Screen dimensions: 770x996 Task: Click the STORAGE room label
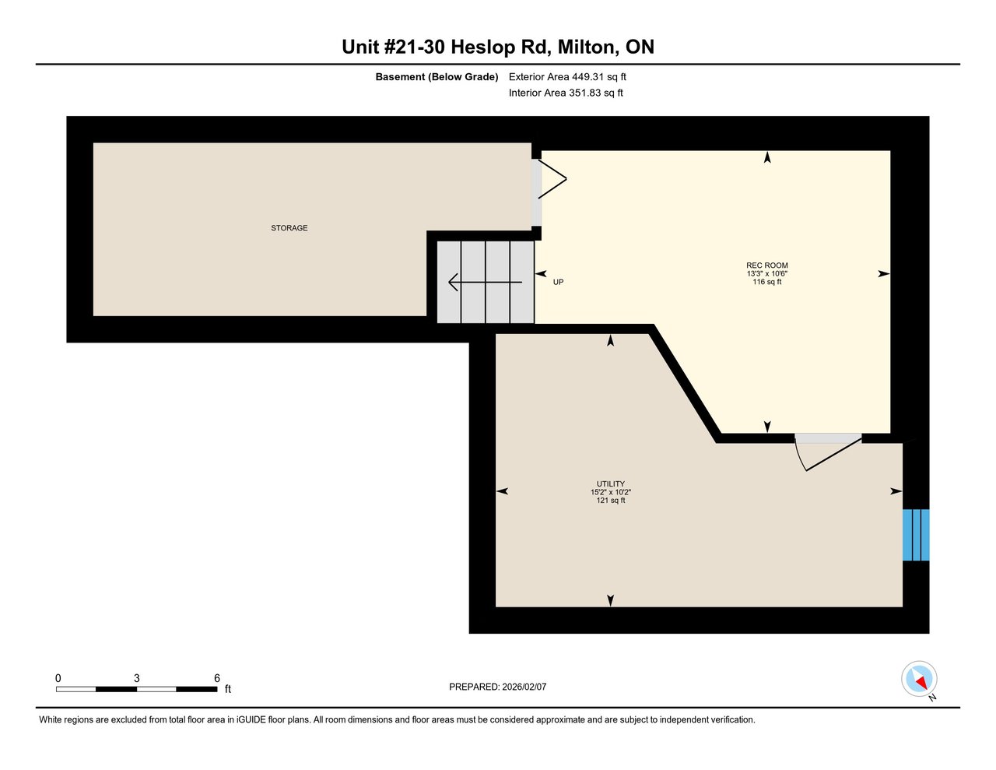pos(289,228)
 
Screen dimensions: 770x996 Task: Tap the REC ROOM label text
pos(766,265)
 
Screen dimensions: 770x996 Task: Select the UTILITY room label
pos(610,483)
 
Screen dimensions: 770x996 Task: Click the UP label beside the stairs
pos(558,282)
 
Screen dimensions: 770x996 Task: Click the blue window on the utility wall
pos(915,535)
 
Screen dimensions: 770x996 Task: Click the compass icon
pos(919,679)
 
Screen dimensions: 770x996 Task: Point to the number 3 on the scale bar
pos(137,678)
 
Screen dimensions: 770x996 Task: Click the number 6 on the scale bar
pos(216,678)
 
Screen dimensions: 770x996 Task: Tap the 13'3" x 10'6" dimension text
pos(766,274)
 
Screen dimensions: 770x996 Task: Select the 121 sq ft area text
pos(610,501)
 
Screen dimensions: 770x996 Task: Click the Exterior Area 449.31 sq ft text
pos(566,77)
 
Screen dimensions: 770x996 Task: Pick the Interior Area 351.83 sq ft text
pos(565,93)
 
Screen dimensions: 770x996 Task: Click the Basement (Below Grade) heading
pos(437,77)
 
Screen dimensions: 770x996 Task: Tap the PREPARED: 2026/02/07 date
pos(497,687)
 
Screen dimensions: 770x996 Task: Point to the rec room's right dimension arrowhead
pos(883,274)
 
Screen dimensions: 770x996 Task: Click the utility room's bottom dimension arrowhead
pos(610,599)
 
